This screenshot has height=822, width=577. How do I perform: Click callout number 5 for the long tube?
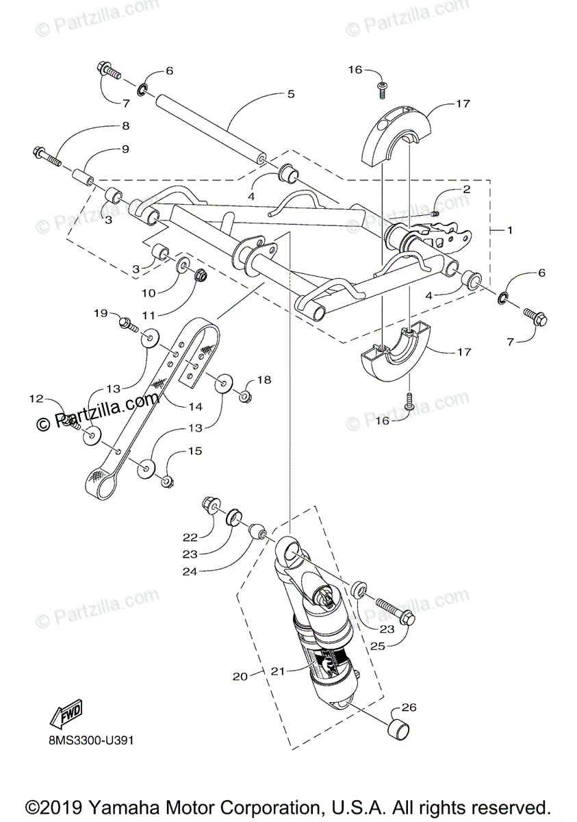click(290, 94)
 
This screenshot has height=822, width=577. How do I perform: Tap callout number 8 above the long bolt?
click(125, 126)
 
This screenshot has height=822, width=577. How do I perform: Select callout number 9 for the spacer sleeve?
click(125, 149)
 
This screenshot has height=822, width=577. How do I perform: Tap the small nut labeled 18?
click(244, 397)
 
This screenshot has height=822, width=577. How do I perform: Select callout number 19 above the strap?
click(101, 313)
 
